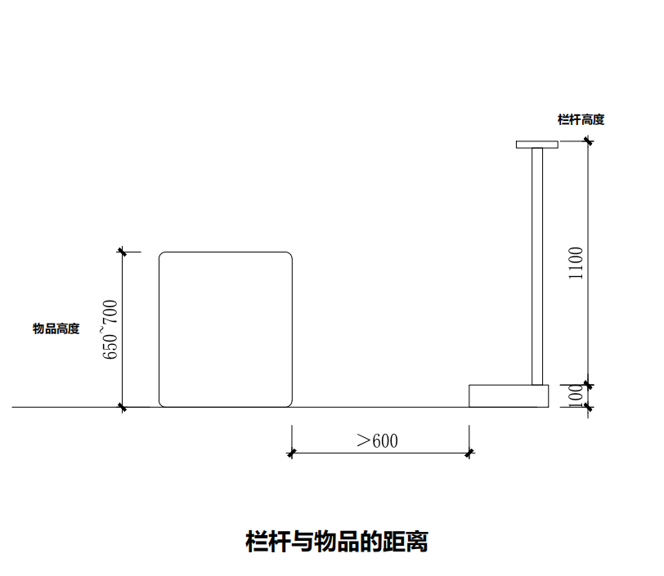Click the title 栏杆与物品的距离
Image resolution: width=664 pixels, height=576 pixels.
click(337, 541)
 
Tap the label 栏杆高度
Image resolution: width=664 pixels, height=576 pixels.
click(581, 119)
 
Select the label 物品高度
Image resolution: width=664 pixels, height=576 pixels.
click(56, 328)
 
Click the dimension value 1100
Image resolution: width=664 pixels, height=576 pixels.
click(577, 263)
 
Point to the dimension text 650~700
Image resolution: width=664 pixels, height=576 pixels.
click(110, 330)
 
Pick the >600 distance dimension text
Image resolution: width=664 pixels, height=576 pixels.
click(378, 440)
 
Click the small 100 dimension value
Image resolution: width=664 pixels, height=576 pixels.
click(576, 395)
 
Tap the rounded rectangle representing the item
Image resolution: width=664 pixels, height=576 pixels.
click(226, 329)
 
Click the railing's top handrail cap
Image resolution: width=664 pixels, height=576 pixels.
click(536, 145)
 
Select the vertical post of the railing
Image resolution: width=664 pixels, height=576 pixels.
click(537, 266)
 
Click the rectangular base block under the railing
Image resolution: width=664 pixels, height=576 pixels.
click(508, 395)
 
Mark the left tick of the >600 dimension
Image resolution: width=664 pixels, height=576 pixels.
click(292, 453)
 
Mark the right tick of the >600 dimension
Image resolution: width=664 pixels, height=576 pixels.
click(469, 453)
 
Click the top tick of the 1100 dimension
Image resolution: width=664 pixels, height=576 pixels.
click(588, 141)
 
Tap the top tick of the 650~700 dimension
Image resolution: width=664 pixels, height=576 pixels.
click(122, 252)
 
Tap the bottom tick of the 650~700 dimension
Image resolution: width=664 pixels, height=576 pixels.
click(122, 406)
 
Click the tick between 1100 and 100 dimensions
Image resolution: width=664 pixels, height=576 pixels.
click(588, 384)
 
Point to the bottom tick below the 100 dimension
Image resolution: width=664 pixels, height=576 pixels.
click(588, 406)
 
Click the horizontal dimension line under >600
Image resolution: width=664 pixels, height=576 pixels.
click(380, 453)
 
